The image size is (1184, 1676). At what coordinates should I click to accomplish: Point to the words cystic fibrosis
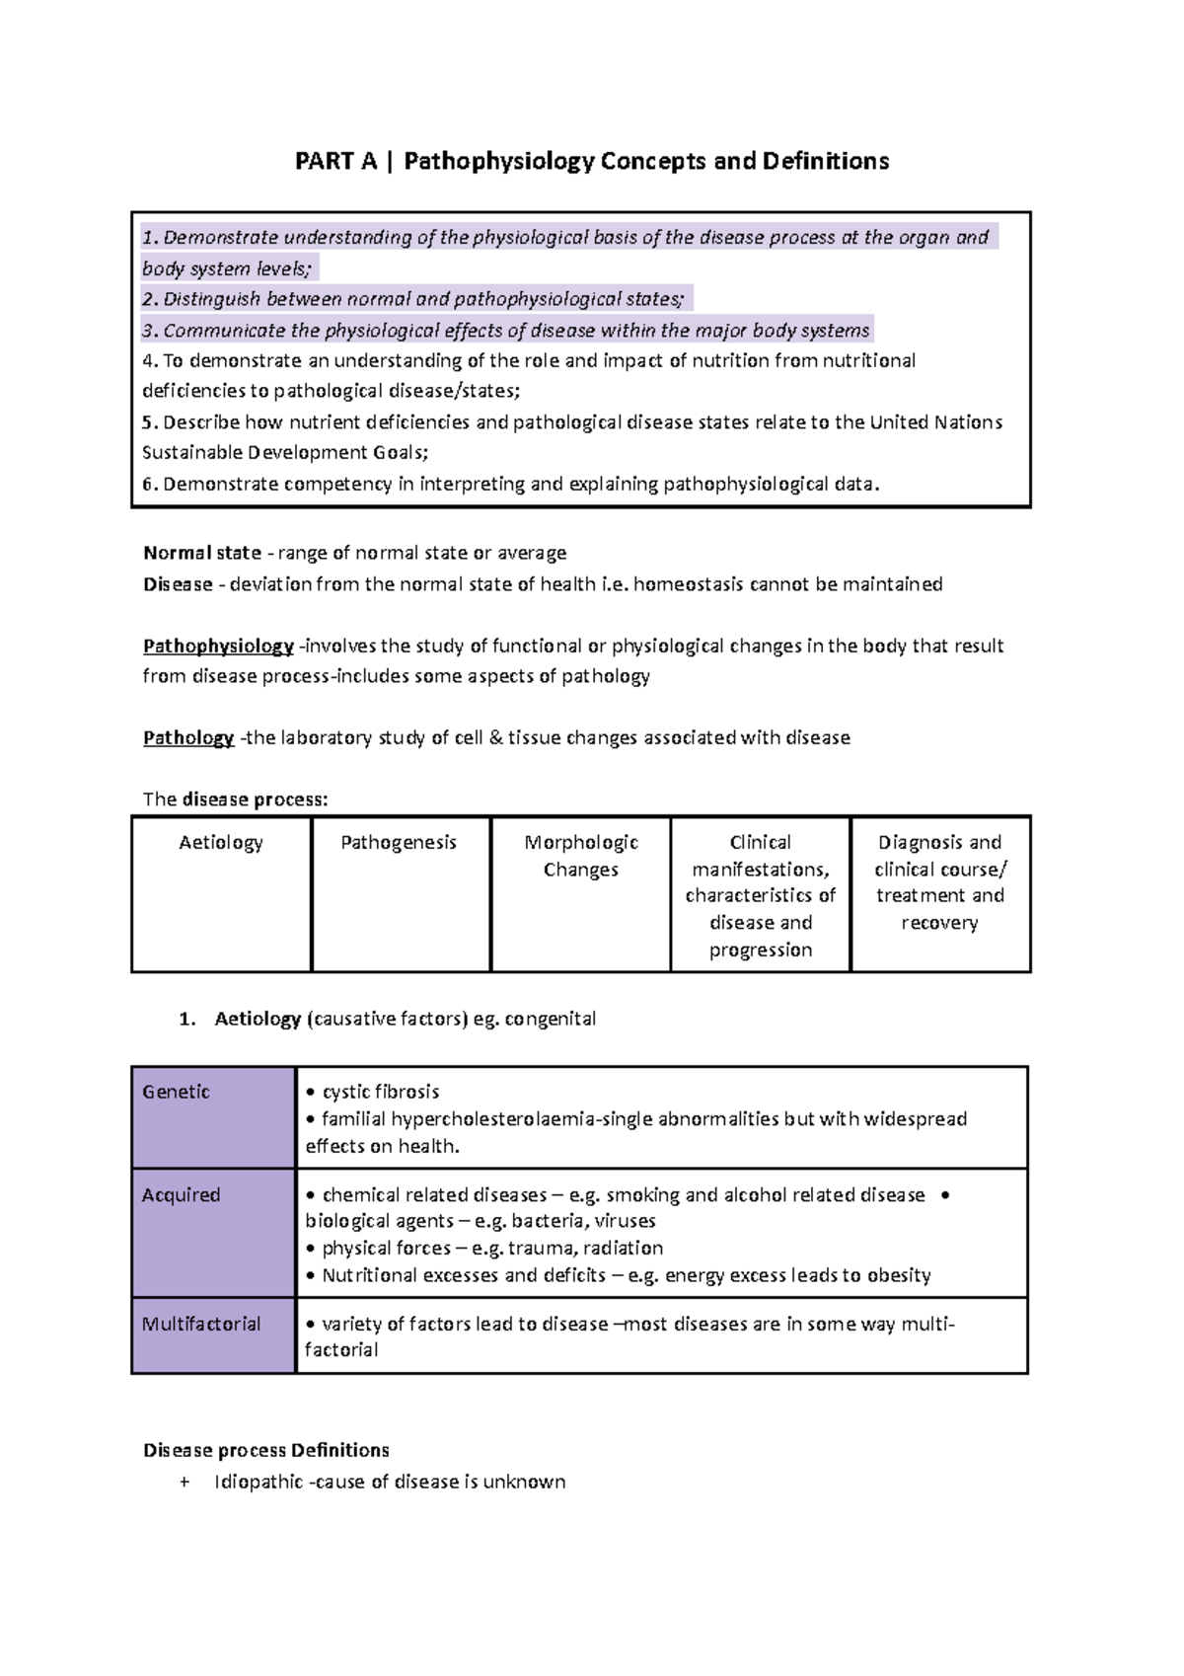[381, 1092]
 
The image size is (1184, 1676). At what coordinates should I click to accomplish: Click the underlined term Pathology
[188, 738]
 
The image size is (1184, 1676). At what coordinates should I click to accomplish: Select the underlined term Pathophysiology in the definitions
[218, 647]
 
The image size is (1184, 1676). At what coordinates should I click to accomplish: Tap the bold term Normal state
[202, 553]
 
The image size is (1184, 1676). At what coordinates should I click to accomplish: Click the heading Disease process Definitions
[266, 1451]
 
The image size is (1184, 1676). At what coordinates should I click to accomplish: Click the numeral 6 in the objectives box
[148, 485]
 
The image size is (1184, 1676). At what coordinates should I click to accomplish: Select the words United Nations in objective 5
[935, 422]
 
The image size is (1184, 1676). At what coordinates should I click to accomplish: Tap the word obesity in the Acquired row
[899, 1276]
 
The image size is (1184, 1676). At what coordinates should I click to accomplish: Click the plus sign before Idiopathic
[185, 1483]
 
